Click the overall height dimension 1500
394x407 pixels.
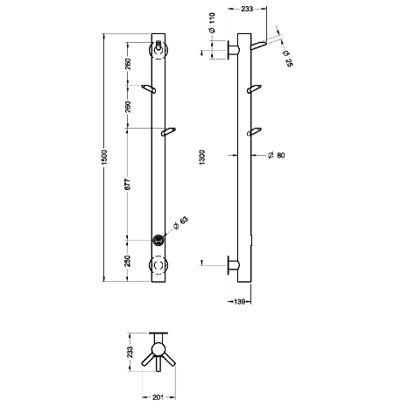pyautogui.click(x=104, y=157)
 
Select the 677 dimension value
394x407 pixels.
pyautogui.click(x=128, y=184)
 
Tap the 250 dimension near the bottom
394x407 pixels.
pyautogui.click(x=128, y=261)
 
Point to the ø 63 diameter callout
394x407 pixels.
pyautogui.click(x=181, y=223)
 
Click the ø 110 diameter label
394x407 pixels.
pyautogui.click(x=212, y=23)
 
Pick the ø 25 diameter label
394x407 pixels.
pyautogui.click(x=287, y=59)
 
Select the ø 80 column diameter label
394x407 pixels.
pyautogui.click(x=276, y=155)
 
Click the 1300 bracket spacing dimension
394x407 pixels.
pyautogui.click(x=202, y=158)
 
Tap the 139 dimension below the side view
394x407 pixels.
pyautogui.click(x=239, y=301)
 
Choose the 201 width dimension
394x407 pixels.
pyautogui.click(x=158, y=397)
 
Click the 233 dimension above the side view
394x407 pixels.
pyautogui.click(x=247, y=9)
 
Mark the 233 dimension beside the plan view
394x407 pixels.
pyautogui.click(x=130, y=352)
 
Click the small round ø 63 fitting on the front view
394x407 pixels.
pyautogui.click(x=158, y=240)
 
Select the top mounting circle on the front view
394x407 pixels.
pyautogui.click(x=158, y=51)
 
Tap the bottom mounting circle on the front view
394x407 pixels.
pyautogui.click(x=158, y=265)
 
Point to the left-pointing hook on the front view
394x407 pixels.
pyautogui.click(x=149, y=88)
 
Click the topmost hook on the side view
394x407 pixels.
pyautogui.click(x=258, y=46)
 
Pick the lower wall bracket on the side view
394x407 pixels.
pyautogui.click(x=233, y=265)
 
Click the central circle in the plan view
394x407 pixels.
pyautogui.click(x=158, y=349)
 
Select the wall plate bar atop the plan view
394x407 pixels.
pyautogui.click(x=158, y=333)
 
